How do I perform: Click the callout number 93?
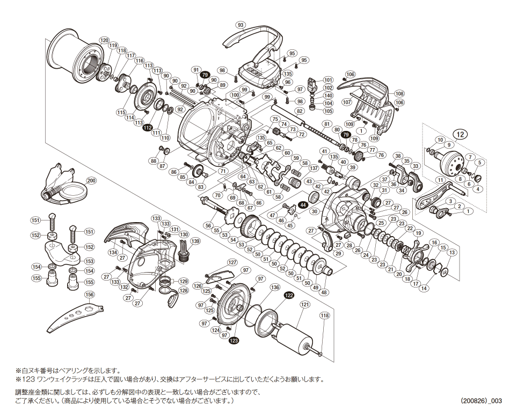(x=241, y=25)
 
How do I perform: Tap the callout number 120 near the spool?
(x=104, y=40)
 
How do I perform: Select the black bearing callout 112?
(x=148, y=128)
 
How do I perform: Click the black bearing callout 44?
(x=303, y=204)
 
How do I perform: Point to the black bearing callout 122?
(x=289, y=296)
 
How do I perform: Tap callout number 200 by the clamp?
(x=91, y=180)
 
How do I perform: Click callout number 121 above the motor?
(x=305, y=305)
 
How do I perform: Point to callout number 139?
(x=195, y=241)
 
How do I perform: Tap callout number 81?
(x=327, y=124)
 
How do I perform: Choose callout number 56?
(x=208, y=225)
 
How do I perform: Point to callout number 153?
(x=89, y=261)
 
